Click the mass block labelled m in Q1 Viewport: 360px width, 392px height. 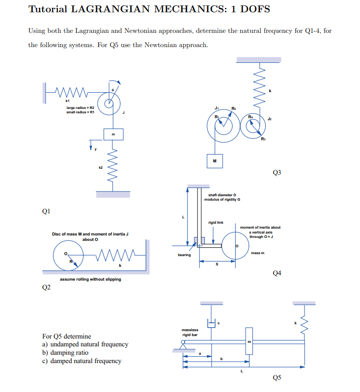click(113, 133)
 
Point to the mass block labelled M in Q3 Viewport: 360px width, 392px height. click(214, 160)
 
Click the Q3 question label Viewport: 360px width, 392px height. click(277, 172)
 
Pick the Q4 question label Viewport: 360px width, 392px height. click(277, 273)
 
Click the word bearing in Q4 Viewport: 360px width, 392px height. click(184, 255)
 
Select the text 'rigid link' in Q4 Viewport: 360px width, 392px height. click(216, 222)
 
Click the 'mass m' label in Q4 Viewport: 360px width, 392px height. click(257, 253)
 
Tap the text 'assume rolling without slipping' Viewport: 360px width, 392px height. click(90, 279)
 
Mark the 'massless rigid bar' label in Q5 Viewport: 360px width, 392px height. click(190, 332)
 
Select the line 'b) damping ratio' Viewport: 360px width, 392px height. click(65, 352)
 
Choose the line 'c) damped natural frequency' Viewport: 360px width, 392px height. click(82, 361)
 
